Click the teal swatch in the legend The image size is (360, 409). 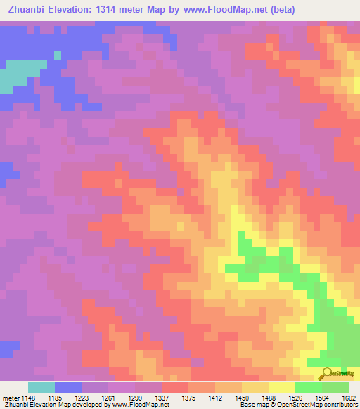[41, 387]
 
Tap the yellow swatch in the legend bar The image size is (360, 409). [282, 387]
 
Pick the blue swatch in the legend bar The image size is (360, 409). [68, 387]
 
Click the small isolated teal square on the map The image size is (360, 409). [58, 55]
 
